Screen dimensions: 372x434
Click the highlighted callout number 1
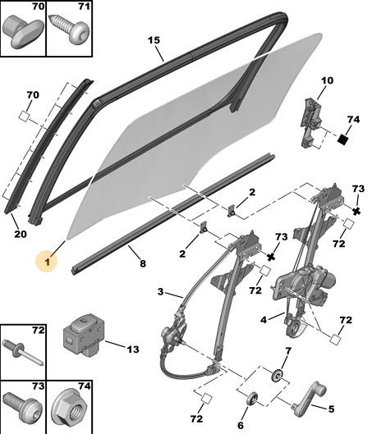pyautogui.click(x=48, y=262)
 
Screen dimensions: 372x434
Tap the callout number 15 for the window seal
pyautogui.click(x=154, y=40)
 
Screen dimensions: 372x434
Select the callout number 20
pyautogui.click(x=21, y=234)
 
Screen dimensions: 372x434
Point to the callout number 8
pyautogui.click(x=143, y=263)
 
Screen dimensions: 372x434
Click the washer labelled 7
pyautogui.click(x=278, y=375)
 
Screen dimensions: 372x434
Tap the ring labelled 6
pyautogui.click(x=252, y=399)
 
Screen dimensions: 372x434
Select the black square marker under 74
pyautogui.click(x=343, y=139)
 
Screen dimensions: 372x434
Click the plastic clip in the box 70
pyautogui.click(x=23, y=31)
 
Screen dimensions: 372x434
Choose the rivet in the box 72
pyautogui.click(x=23, y=354)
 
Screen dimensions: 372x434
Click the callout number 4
pyautogui.click(x=264, y=320)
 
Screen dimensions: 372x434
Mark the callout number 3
pyautogui.click(x=160, y=292)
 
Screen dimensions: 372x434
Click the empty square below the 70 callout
pyautogui.click(x=24, y=116)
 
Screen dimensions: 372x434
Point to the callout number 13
pyautogui.click(x=133, y=349)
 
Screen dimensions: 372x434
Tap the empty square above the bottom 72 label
pyautogui.click(x=206, y=399)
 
